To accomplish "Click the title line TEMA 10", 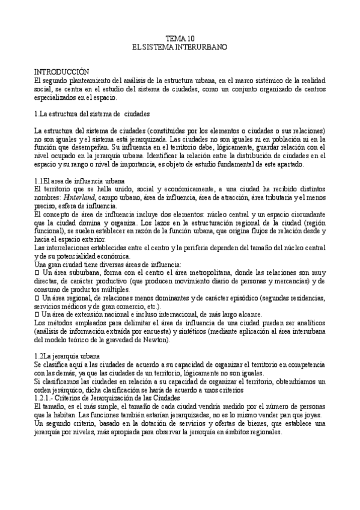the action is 180,38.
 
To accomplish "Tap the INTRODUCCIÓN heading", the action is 61,71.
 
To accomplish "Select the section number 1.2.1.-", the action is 47,398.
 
